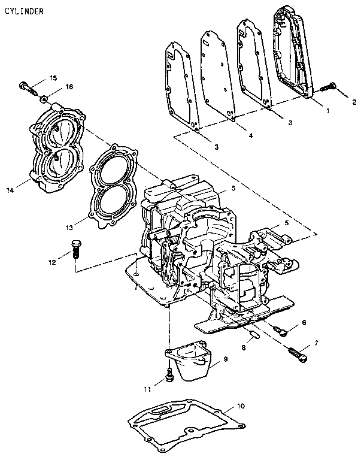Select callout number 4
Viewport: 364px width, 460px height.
click(x=250, y=135)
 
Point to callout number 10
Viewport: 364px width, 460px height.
click(x=241, y=406)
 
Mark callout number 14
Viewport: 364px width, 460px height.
click(x=10, y=190)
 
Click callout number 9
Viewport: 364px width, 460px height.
click(x=226, y=359)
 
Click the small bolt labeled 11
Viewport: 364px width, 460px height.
click(x=169, y=375)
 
